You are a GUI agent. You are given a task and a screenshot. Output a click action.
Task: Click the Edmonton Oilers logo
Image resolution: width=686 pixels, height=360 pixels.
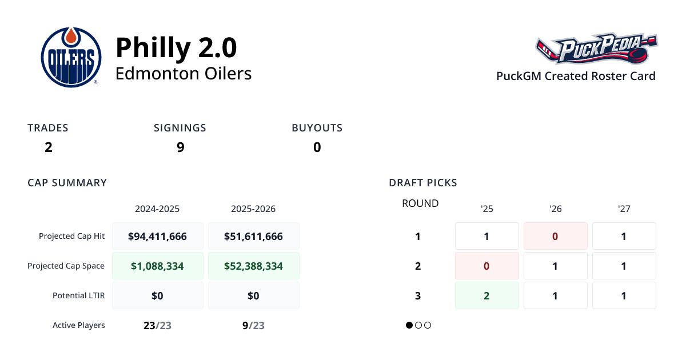pyautogui.click(x=71, y=58)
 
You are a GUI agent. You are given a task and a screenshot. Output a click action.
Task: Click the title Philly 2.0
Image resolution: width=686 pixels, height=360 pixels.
pyautogui.click(x=176, y=47)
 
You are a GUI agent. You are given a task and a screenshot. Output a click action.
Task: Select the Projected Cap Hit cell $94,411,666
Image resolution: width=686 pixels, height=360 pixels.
pyautogui.click(x=158, y=236)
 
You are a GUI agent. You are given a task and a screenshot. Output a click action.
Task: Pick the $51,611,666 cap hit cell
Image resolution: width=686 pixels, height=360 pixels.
pyautogui.click(x=253, y=236)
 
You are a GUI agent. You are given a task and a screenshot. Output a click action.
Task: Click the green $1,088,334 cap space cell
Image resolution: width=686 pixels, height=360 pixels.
pyautogui.click(x=158, y=266)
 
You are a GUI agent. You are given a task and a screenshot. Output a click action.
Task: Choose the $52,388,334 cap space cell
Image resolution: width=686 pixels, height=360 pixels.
pyautogui.click(x=253, y=266)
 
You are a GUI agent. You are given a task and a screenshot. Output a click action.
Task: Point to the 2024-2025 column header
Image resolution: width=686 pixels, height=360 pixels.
pyautogui.click(x=157, y=209)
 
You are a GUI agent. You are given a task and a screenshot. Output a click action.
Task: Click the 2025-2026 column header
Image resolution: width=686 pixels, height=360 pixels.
pyautogui.click(x=253, y=209)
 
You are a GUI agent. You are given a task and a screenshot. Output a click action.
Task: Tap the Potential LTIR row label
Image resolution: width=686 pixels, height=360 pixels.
pyautogui.click(x=79, y=295)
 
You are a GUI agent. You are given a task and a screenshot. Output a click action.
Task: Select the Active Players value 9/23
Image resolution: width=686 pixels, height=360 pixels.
pyautogui.click(x=253, y=326)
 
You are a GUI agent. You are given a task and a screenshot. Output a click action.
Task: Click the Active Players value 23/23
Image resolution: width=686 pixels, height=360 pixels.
pyautogui.click(x=157, y=326)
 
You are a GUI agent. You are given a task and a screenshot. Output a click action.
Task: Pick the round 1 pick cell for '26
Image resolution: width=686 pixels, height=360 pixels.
pyautogui.click(x=555, y=236)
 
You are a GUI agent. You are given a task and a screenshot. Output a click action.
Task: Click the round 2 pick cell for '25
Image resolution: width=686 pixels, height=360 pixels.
pyautogui.click(x=486, y=266)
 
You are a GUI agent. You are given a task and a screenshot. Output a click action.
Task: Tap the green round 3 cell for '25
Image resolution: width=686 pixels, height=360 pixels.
pyautogui.click(x=486, y=295)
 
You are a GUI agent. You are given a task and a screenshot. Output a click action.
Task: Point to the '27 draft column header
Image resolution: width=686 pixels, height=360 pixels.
pyautogui.click(x=624, y=209)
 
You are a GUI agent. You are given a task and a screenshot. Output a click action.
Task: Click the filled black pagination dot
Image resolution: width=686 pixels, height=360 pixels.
pyautogui.click(x=409, y=325)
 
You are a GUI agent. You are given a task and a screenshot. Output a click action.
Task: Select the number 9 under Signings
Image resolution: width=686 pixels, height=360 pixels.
pyautogui.click(x=180, y=147)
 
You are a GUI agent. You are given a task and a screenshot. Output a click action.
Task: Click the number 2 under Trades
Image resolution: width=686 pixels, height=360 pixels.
pyautogui.click(x=48, y=147)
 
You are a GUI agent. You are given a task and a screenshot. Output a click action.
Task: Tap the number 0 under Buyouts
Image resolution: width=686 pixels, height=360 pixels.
pyautogui.click(x=317, y=147)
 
